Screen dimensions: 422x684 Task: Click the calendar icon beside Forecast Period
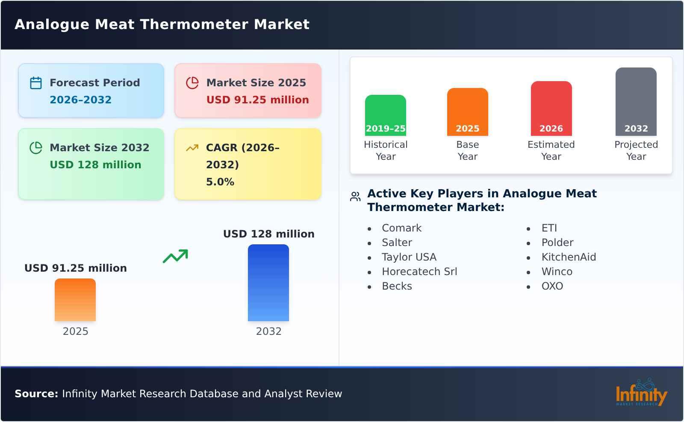click(36, 83)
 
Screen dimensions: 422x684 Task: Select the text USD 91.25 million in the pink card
click(257, 100)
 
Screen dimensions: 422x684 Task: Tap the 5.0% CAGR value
click(220, 182)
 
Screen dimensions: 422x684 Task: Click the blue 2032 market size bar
click(268, 282)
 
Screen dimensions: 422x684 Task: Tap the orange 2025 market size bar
click(75, 299)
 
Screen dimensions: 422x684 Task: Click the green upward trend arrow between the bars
click(175, 256)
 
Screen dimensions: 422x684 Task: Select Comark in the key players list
click(401, 228)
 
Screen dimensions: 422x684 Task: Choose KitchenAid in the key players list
click(568, 257)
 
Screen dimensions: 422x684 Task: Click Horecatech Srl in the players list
click(419, 272)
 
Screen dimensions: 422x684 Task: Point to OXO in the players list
click(552, 286)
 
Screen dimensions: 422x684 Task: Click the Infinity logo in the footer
click(641, 393)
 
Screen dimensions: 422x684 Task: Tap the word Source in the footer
click(36, 394)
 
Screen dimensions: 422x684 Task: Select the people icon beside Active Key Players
click(355, 196)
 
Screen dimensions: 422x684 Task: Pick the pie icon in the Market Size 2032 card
click(36, 148)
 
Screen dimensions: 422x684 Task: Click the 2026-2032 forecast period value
click(80, 100)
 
